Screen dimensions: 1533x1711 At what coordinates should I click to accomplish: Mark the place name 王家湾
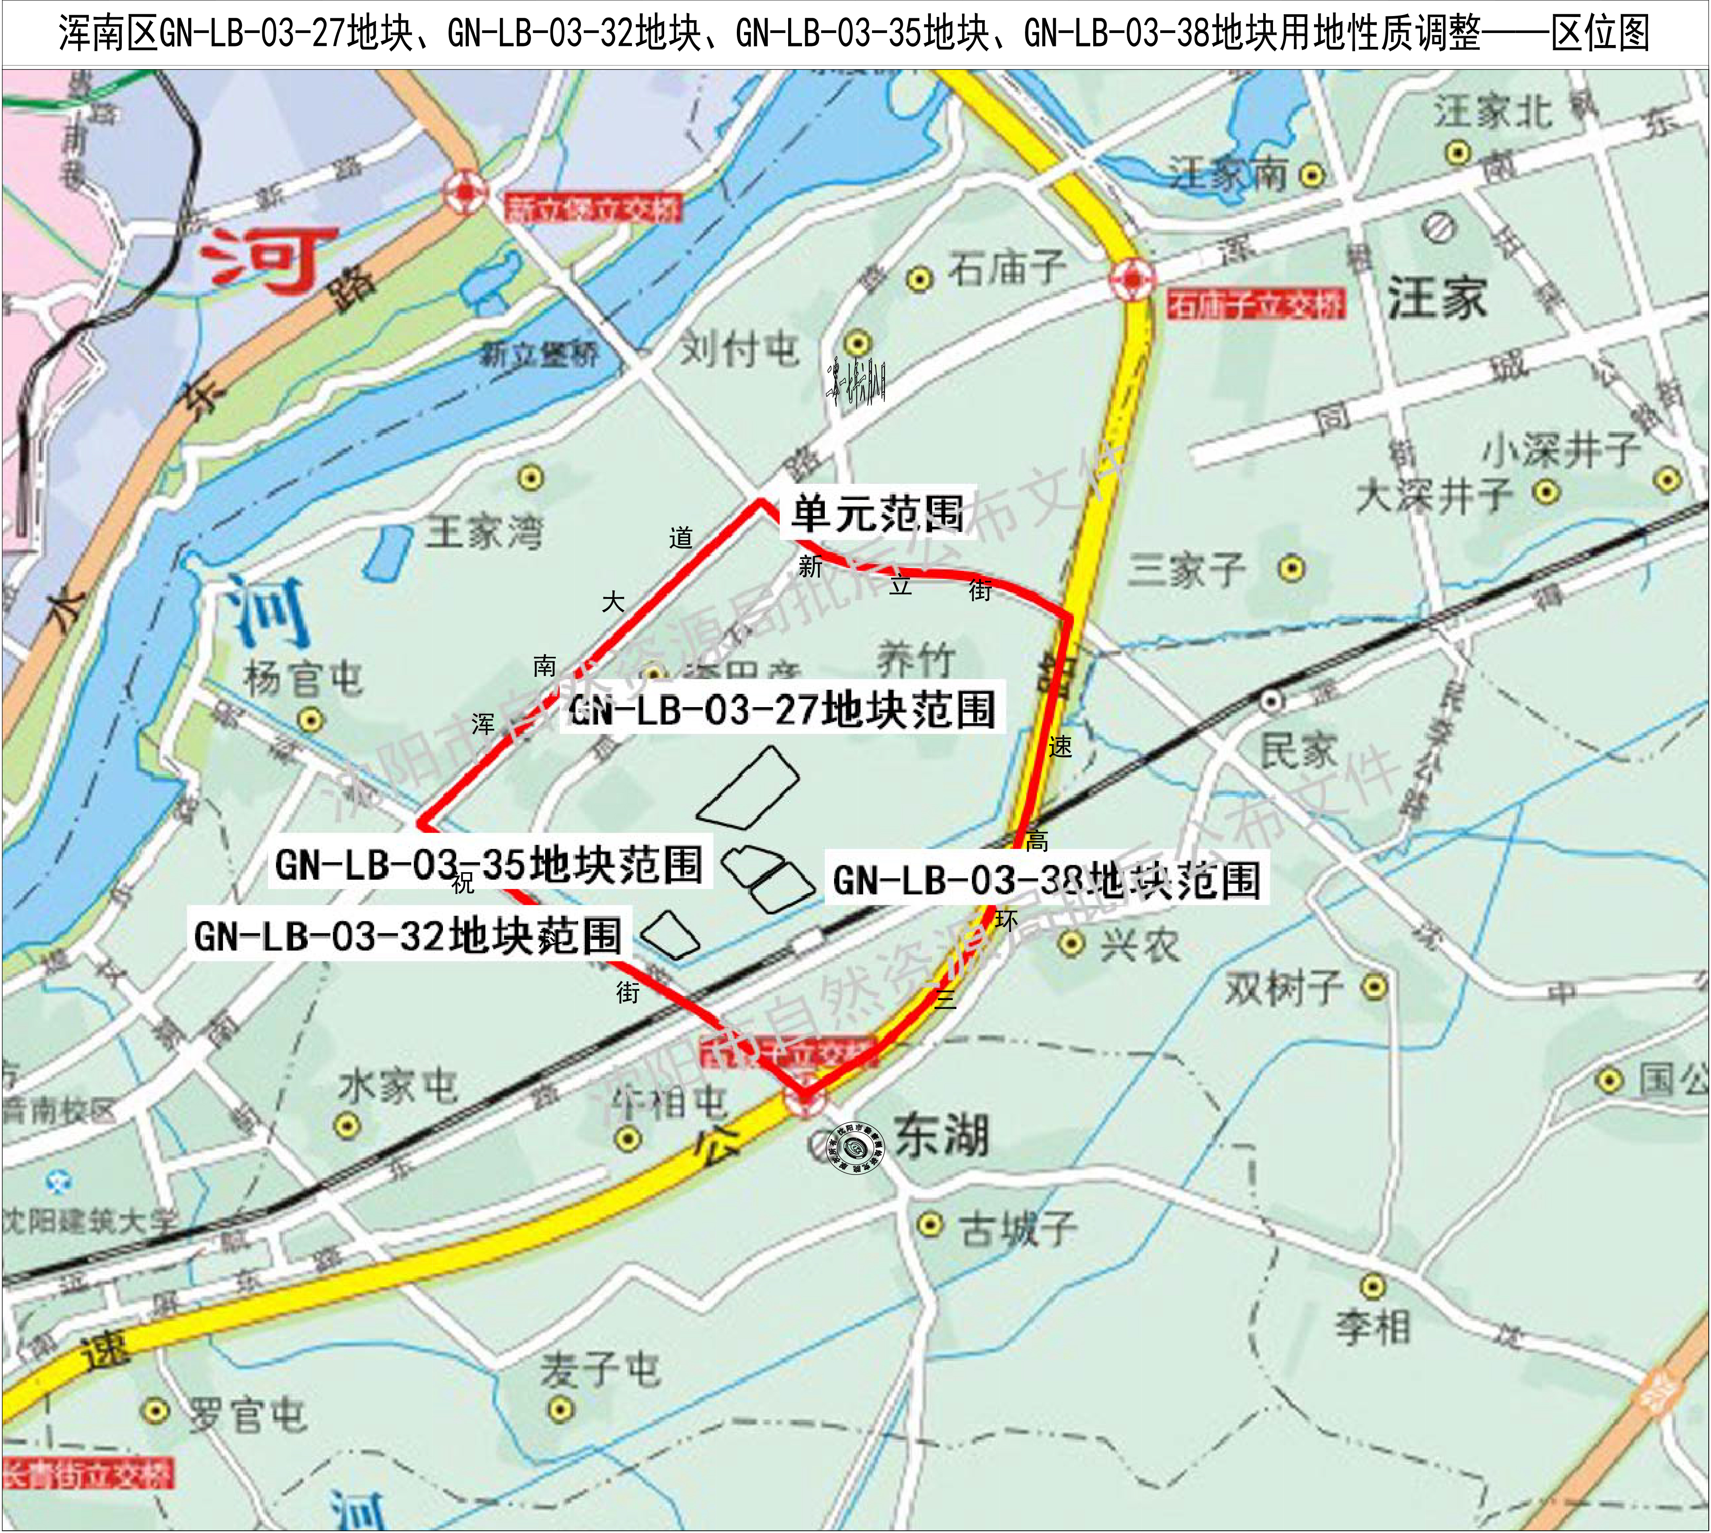(484, 532)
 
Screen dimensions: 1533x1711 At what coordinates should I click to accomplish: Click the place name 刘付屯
(739, 348)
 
